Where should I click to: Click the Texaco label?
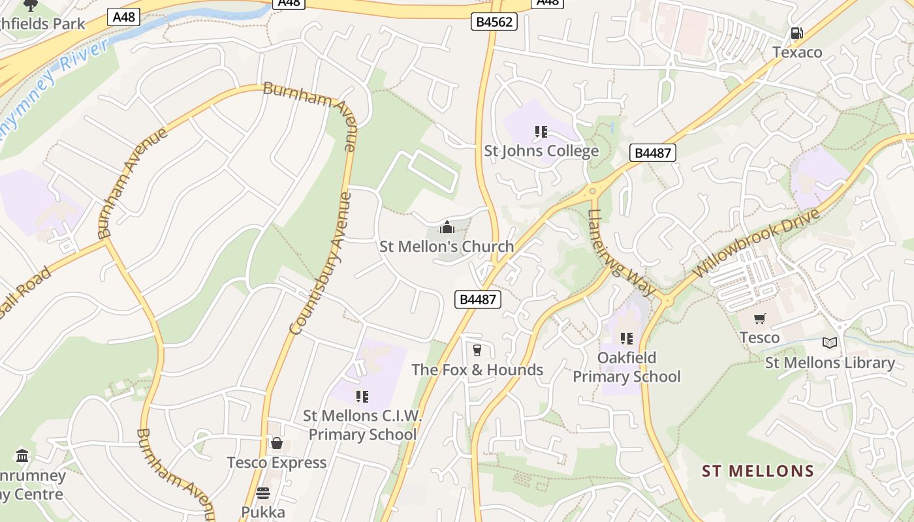click(x=797, y=52)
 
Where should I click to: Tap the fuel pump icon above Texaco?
click(x=796, y=33)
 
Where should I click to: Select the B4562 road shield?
click(x=494, y=22)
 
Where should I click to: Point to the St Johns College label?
click(x=541, y=151)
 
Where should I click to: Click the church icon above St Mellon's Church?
click(x=447, y=227)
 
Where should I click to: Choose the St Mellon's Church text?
click(x=447, y=247)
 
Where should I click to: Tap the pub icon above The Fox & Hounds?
click(x=477, y=350)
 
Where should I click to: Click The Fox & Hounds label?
click(x=477, y=370)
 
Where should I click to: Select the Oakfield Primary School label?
click(x=627, y=367)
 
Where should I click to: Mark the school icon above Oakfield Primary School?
click(x=627, y=339)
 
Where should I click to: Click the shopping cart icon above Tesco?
click(x=759, y=319)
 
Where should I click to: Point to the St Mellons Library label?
click(x=830, y=363)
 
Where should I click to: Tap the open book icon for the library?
click(x=830, y=343)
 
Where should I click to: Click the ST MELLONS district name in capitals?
click(x=758, y=471)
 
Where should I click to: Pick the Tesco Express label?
click(x=277, y=463)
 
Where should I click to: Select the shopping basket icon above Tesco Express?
click(x=277, y=444)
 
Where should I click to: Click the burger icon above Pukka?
click(x=263, y=493)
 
